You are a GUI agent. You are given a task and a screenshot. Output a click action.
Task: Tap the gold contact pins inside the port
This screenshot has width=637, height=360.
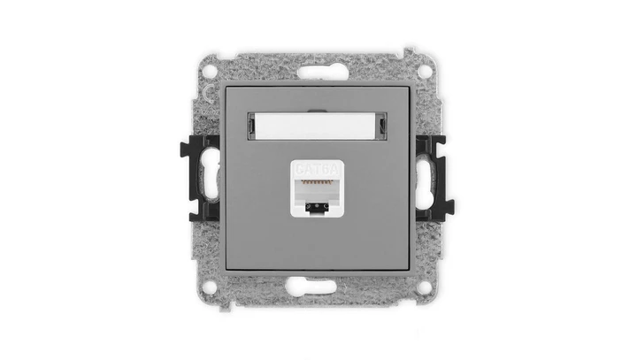coord(318,180)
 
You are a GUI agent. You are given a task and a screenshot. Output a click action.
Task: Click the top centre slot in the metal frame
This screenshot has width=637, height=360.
coord(318,69)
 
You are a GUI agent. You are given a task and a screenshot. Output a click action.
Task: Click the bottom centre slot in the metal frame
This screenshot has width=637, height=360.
coord(318,287)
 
